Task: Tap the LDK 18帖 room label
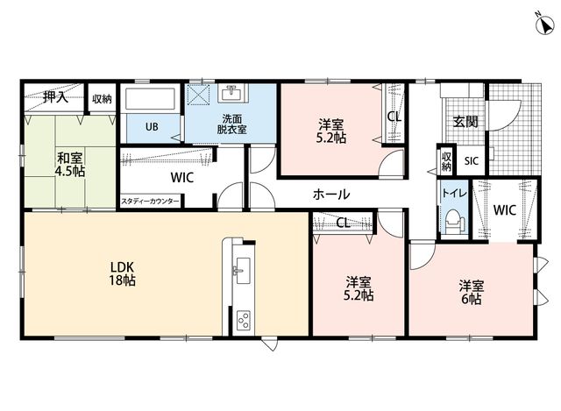click(x=122, y=273)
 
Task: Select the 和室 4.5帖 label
click(x=70, y=165)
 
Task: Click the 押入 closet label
click(x=55, y=97)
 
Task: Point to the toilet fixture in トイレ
click(x=454, y=222)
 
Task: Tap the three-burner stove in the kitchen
click(x=244, y=320)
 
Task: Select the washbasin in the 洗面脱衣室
click(x=234, y=94)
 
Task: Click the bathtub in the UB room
click(x=150, y=99)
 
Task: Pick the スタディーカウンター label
click(x=150, y=201)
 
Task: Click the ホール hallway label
click(x=331, y=195)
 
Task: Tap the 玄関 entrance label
click(x=465, y=122)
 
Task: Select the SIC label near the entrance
click(x=472, y=161)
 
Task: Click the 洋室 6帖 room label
click(x=472, y=292)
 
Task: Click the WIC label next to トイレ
click(x=505, y=210)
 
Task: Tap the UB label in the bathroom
click(x=152, y=126)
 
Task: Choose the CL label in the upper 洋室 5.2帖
click(x=394, y=117)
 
